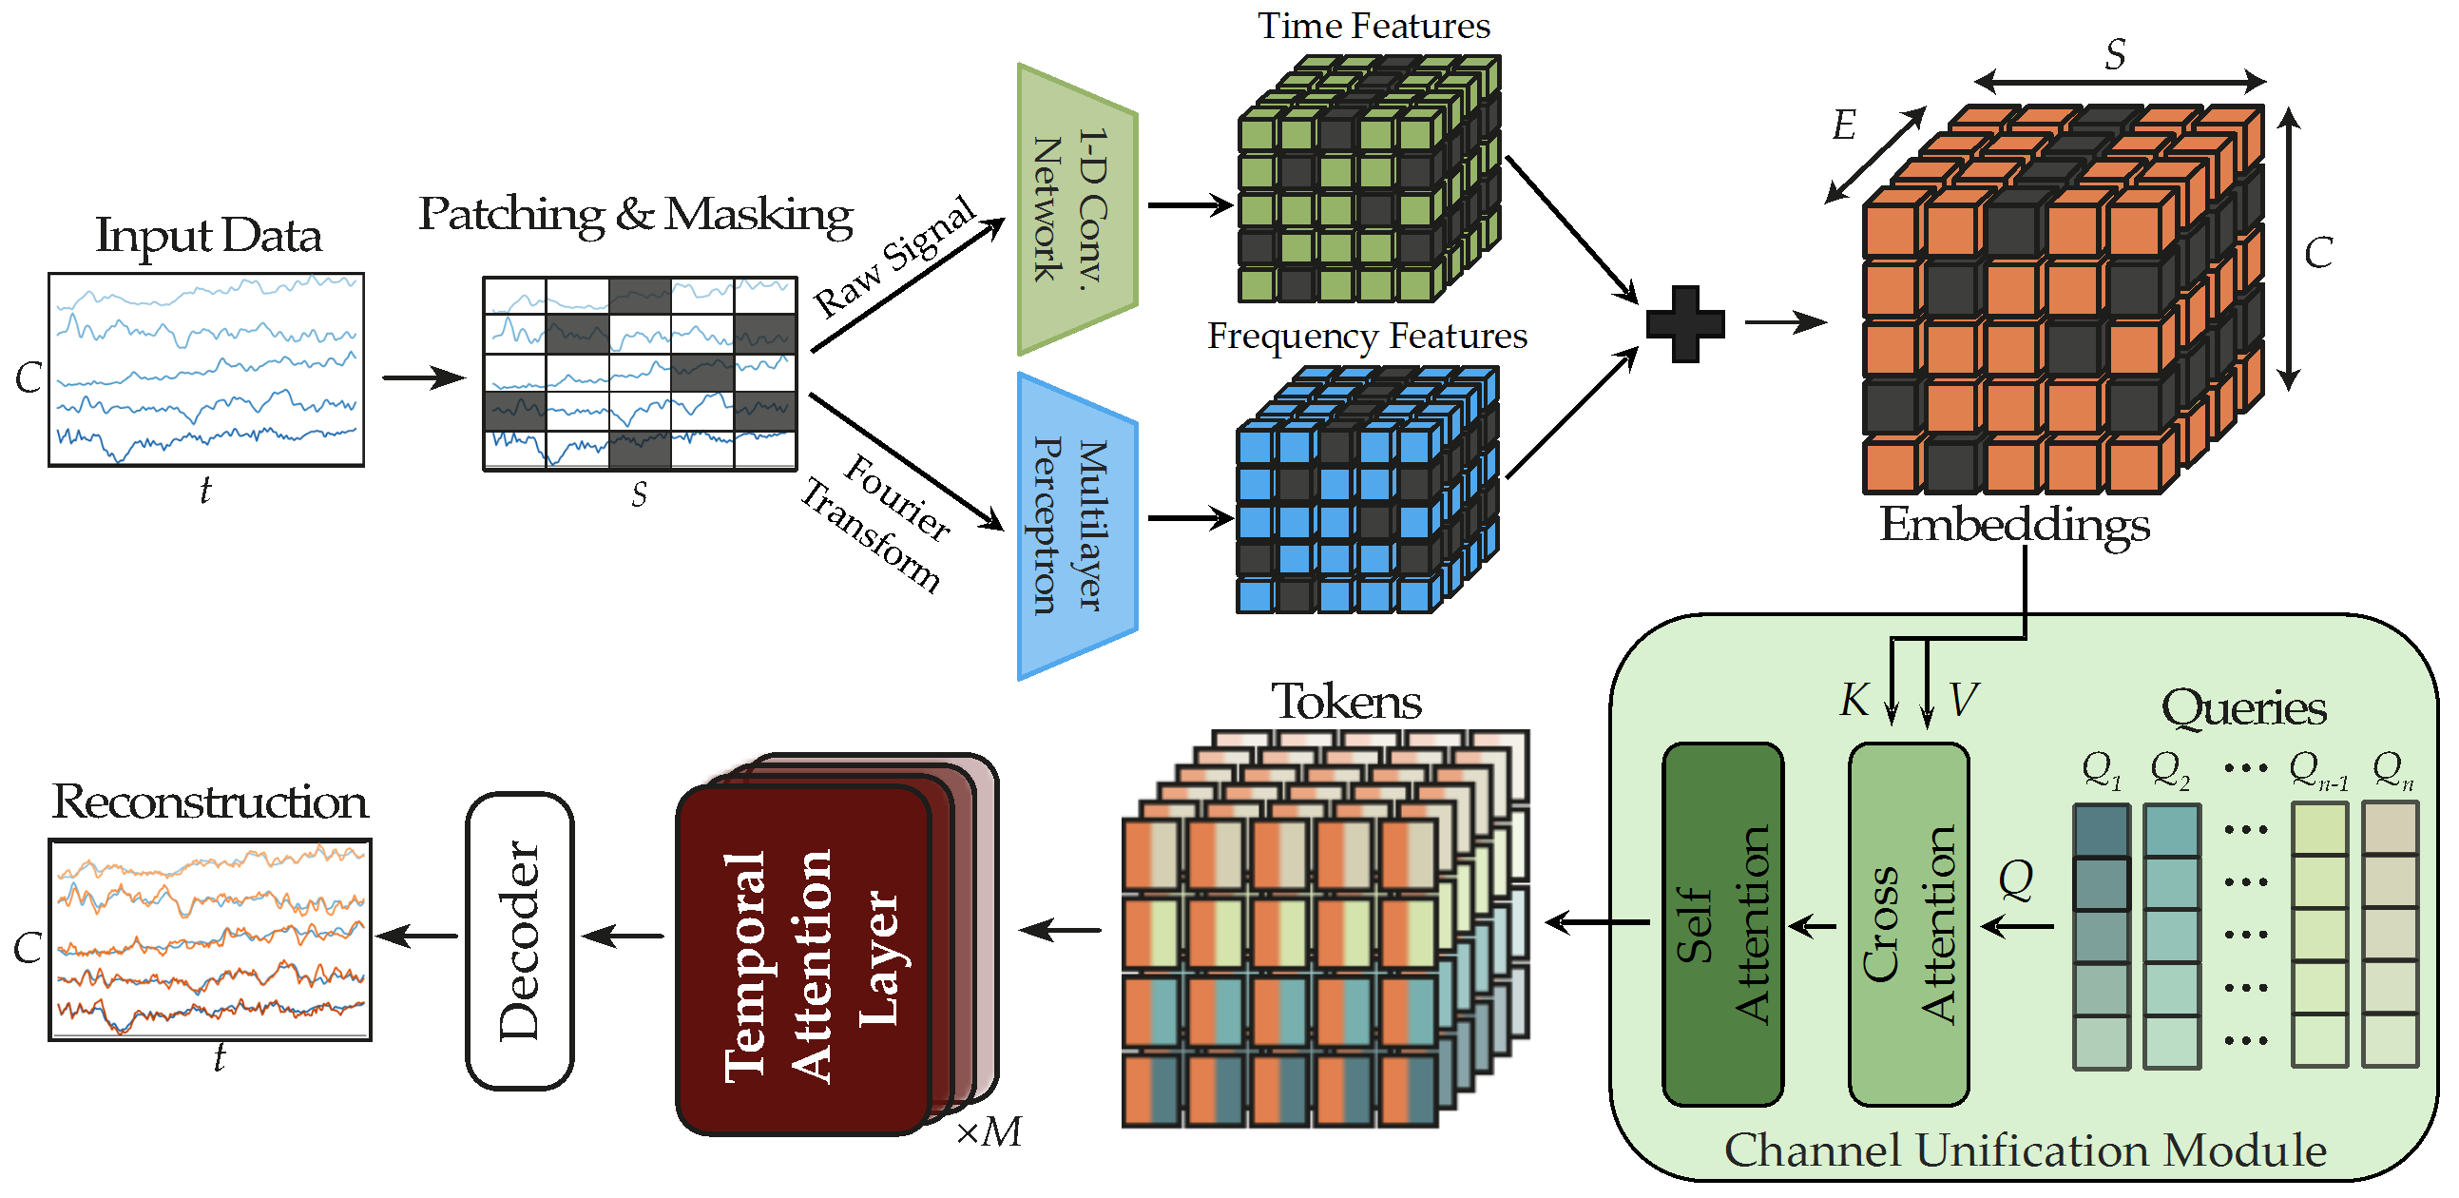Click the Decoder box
point(519,940)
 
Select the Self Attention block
point(1721,924)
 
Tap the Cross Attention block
point(1908,924)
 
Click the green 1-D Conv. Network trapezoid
point(1077,209)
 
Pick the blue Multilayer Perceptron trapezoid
point(1077,526)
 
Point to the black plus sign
point(1685,323)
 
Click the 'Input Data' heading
point(208,236)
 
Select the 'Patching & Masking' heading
point(635,214)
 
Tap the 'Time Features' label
point(1373,26)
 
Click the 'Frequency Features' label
point(1366,336)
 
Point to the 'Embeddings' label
point(2014,524)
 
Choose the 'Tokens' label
point(1346,702)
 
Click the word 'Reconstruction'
point(209,801)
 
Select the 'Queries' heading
point(2243,707)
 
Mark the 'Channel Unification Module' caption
point(2024,1150)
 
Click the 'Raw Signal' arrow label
point(894,256)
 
